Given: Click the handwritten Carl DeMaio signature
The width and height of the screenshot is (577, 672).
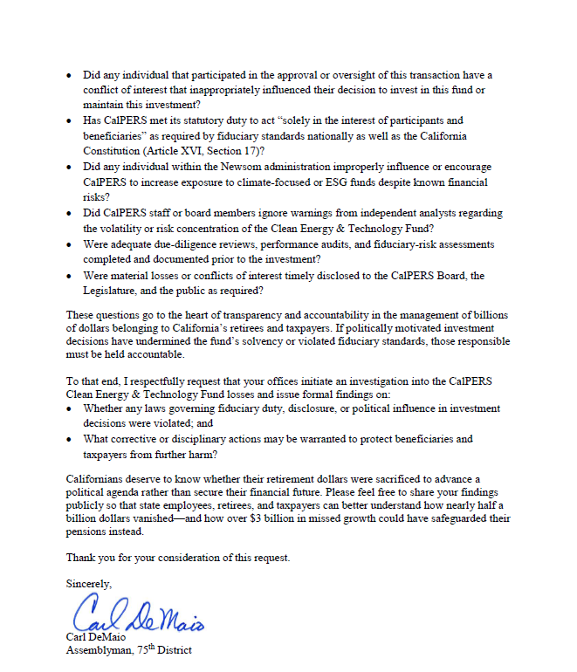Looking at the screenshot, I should (138, 615).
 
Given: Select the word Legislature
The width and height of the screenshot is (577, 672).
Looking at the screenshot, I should (116, 290).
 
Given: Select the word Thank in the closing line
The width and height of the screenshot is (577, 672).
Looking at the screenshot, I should (83, 557).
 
